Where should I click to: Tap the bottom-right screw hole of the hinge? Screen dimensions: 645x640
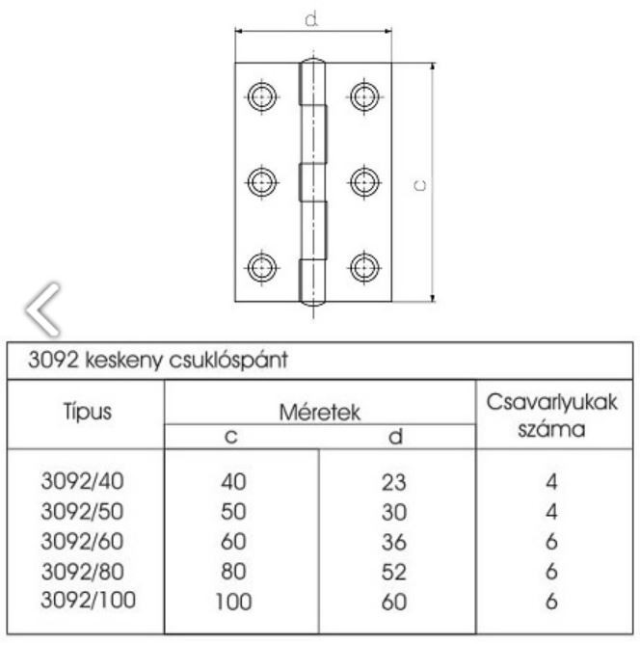point(363,265)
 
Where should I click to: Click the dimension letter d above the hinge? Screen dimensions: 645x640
point(312,19)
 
